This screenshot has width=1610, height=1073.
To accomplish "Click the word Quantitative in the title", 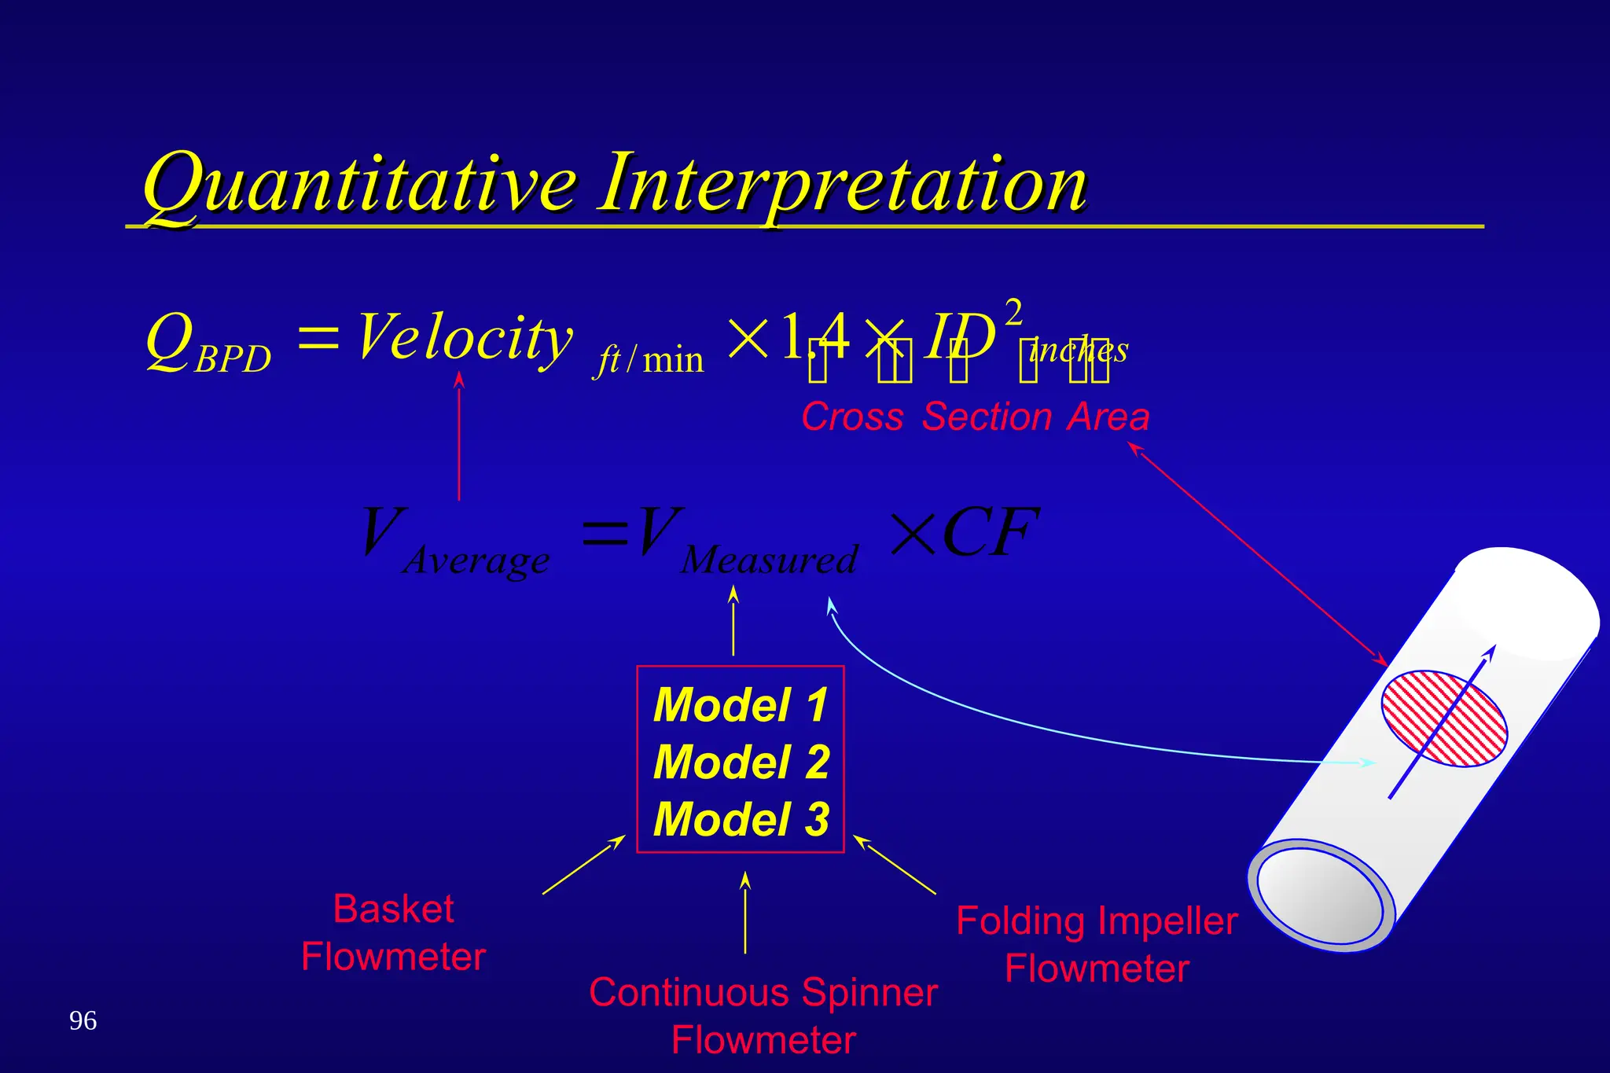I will click(x=358, y=185).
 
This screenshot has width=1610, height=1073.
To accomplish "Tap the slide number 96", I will click(x=83, y=1020).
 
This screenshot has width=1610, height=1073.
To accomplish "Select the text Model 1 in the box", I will click(x=741, y=704).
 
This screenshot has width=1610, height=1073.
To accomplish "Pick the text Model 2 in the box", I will click(x=741, y=762).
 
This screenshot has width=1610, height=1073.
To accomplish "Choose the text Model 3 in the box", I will click(x=741, y=819).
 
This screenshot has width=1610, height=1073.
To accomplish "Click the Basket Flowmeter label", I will click(x=393, y=932).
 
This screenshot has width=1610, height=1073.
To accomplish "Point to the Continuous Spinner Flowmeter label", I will click(x=763, y=1016).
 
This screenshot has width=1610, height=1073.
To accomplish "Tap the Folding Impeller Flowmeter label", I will click(x=1097, y=944).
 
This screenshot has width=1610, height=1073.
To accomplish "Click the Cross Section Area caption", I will click(x=975, y=417).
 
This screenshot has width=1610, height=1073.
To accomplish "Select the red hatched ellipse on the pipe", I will click(x=1443, y=718).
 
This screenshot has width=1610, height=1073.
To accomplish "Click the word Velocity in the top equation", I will click(x=464, y=338).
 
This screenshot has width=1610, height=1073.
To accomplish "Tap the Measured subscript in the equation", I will click(x=769, y=560).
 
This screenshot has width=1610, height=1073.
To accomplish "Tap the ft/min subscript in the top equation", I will click(x=649, y=360).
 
